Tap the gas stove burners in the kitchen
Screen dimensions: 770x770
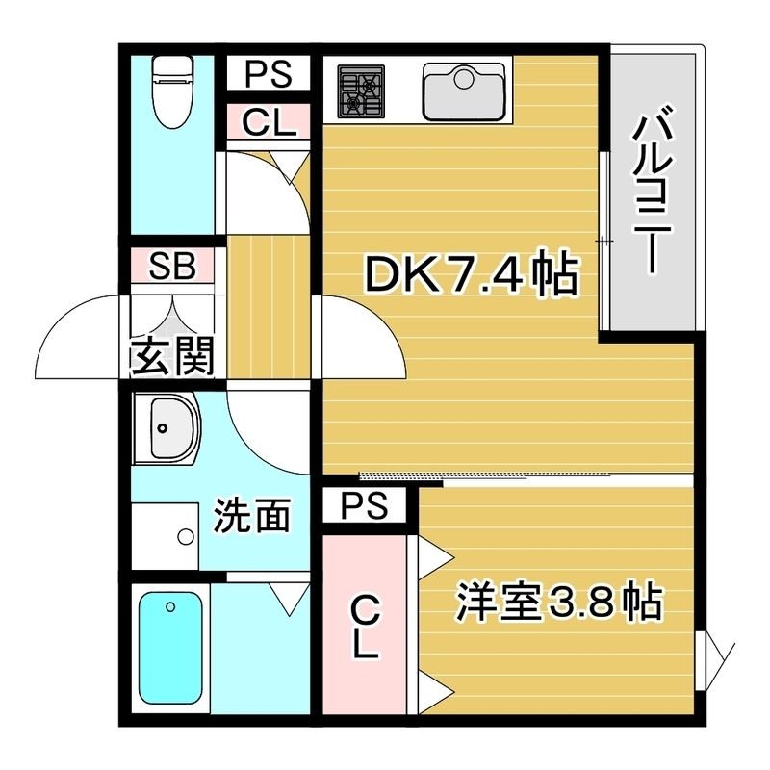[x=358, y=90]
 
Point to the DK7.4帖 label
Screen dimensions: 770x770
[x=470, y=277]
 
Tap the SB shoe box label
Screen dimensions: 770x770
[x=174, y=267]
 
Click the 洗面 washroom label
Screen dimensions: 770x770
[x=252, y=517]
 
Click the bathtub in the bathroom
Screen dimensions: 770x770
[x=171, y=644]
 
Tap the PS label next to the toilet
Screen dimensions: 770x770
[x=268, y=73]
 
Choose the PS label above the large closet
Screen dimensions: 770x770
[x=365, y=504]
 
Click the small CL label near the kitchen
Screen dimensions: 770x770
[x=268, y=122]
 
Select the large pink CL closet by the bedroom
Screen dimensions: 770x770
[x=364, y=626]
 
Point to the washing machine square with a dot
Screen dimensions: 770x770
[x=166, y=535]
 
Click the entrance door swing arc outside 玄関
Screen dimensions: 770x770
[x=77, y=337]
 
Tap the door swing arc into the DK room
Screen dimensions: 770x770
[x=356, y=332]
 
